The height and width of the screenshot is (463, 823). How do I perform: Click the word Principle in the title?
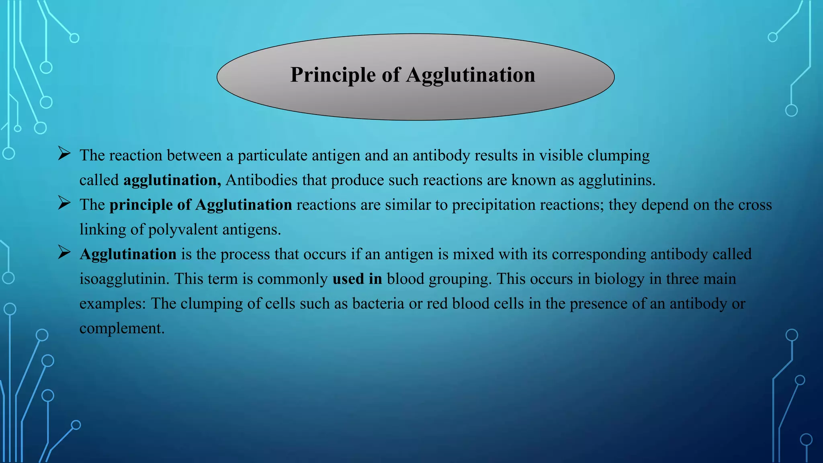333,75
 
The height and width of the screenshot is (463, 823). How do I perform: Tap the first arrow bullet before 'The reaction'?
64,154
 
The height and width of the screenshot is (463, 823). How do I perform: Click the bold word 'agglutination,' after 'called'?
172,180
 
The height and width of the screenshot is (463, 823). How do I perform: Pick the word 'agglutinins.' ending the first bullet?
617,180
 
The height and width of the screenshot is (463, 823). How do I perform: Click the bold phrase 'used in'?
357,279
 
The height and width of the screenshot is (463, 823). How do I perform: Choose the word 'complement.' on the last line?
122,329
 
